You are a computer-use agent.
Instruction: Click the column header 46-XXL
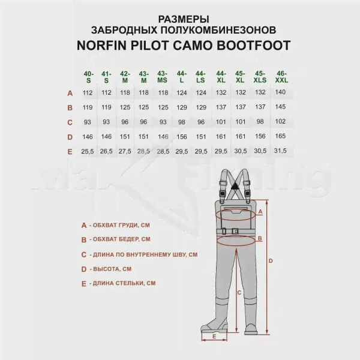(281, 77)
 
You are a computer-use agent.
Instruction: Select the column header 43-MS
(162, 77)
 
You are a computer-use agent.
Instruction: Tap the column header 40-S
(89, 77)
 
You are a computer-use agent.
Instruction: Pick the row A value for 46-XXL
(280, 92)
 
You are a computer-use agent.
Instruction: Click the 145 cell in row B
(280, 107)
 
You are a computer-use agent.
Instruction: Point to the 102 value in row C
(280, 121)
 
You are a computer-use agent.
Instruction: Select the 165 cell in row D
(280, 136)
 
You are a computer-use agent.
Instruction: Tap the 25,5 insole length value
(88, 152)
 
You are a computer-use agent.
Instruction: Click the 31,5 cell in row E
(280, 151)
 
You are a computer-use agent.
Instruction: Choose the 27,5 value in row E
(125, 152)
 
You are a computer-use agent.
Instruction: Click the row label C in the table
(70, 122)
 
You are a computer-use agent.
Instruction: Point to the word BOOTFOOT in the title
(253, 45)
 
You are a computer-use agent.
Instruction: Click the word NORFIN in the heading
(102, 45)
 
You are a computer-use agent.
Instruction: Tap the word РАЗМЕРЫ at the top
(184, 19)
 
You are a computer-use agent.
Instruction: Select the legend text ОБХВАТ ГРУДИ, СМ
(121, 225)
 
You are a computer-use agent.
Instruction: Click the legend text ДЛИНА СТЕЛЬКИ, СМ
(124, 283)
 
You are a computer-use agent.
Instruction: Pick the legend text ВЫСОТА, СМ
(112, 269)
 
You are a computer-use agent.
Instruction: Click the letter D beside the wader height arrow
(271, 261)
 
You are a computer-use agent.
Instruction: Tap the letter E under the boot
(214, 337)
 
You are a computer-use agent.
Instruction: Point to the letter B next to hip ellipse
(260, 239)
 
